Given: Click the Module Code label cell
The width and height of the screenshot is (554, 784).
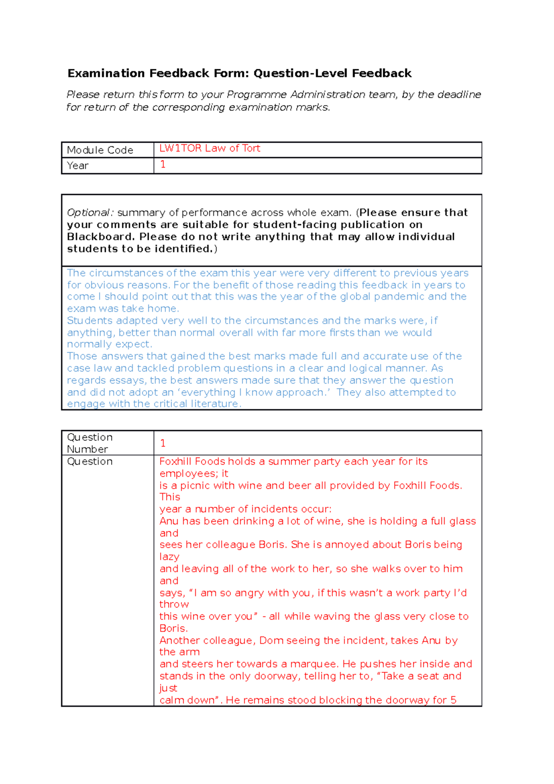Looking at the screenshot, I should tap(100, 150).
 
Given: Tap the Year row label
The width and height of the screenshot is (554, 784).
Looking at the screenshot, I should tap(78, 166).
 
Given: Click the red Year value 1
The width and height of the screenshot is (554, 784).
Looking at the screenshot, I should tap(163, 164).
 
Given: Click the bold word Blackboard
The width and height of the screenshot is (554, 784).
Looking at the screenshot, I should tap(100, 237).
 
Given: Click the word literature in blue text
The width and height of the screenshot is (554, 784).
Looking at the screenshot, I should tap(215, 404).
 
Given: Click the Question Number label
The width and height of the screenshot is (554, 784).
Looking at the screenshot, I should tap(90, 443).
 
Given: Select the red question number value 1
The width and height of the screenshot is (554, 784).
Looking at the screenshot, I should tap(163, 443).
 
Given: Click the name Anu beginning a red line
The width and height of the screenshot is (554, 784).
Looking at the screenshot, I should tap(169, 521).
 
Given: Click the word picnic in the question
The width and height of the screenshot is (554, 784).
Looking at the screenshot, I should tap(195, 486).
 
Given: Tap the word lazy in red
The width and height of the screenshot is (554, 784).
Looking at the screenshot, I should tap(169, 557).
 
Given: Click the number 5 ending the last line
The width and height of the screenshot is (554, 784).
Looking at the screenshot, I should tap(453, 700).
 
